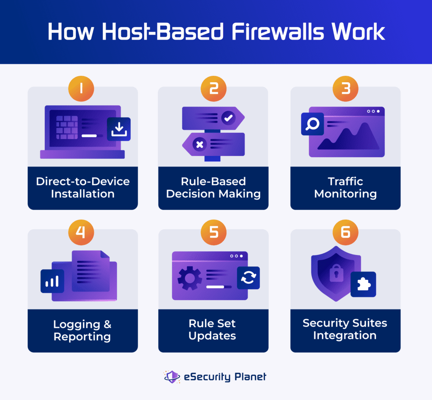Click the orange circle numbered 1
coord(81,89)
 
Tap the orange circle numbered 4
coord(81,231)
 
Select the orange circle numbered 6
coord(345,231)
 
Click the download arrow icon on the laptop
coord(119,129)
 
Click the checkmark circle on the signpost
coord(228,118)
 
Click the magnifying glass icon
coord(313,124)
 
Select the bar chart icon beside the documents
coord(52,281)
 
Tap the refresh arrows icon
coord(248,278)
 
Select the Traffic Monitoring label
coord(345,188)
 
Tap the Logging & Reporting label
coord(82,330)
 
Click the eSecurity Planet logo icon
coord(172,376)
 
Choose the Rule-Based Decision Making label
coord(213,188)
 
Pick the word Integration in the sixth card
coord(345,336)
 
